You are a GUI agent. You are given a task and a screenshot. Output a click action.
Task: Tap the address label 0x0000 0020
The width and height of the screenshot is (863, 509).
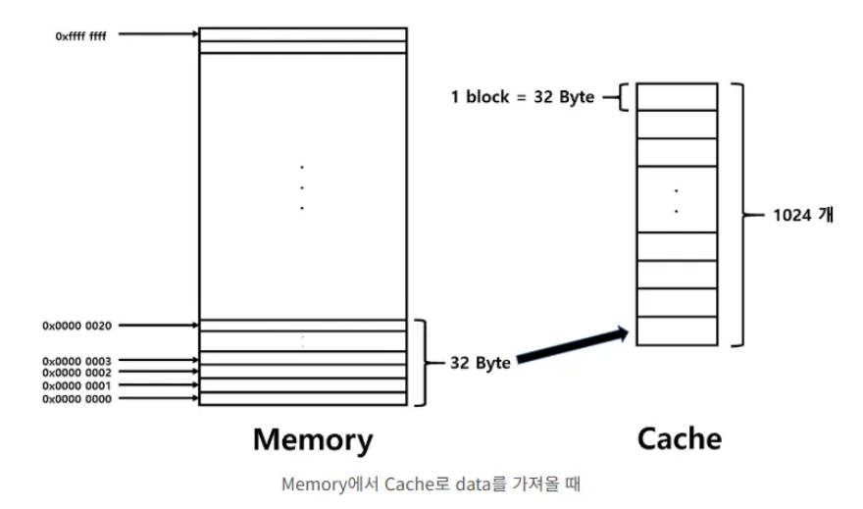pyautogui.click(x=76, y=325)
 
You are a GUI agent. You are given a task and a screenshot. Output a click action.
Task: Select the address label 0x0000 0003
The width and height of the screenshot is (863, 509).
pyautogui.click(x=76, y=361)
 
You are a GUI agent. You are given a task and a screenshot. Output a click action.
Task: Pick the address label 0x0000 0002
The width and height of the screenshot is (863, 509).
pyautogui.click(x=76, y=373)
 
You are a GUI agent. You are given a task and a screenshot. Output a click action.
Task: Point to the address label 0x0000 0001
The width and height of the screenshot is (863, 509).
pyautogui.click(x=76, y=385)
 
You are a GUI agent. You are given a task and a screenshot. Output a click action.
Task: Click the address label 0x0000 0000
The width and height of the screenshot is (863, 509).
pyautogui.click(x=76, y=398)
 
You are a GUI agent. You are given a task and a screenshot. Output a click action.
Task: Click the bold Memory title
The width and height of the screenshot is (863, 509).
pyautogui.click(x=312, y=438)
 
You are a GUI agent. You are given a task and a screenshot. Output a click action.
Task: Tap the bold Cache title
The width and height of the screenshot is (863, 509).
pyautogui.click(x=680, y=437)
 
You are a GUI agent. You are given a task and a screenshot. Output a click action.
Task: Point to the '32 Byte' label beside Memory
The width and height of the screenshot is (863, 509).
pyautogui.click(x=480, y=362)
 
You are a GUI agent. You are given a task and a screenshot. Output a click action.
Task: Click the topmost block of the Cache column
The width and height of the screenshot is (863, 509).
pyautogui.click(x=676, y=97)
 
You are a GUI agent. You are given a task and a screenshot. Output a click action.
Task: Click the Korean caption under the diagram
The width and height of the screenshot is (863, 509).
pyautogui.click(x=431, y=484)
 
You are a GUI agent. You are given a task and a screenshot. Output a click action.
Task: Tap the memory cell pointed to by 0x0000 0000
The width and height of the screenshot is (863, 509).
pyautogui.click(x=302, y=398)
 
